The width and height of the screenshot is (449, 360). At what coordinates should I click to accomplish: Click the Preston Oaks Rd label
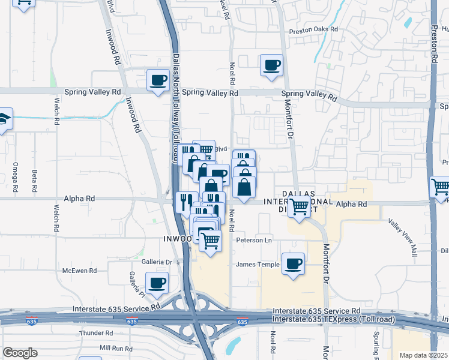point(313,29)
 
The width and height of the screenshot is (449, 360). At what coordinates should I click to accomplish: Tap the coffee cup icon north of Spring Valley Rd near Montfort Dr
point(271,64)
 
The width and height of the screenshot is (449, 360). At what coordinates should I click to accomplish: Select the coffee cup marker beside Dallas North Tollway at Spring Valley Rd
point(158,80)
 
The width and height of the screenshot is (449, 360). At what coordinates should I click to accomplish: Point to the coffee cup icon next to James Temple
point(293,264)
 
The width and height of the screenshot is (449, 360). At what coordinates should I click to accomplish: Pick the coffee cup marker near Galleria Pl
point(157,283)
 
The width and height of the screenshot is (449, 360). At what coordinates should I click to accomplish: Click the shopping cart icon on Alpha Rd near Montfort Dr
point(299,208)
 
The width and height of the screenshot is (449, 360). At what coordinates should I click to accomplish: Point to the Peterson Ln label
point(254,240)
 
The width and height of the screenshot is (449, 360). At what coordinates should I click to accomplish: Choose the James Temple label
point(258,264)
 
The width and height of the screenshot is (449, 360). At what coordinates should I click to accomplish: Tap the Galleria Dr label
point(157,262)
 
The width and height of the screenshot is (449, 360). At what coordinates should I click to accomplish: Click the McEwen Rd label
point(79,271)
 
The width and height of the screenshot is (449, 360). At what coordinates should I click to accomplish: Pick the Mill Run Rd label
point(116,347)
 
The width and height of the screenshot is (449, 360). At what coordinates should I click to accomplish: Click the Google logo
point(20,353)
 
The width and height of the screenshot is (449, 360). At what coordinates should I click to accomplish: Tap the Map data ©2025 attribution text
point(423,355)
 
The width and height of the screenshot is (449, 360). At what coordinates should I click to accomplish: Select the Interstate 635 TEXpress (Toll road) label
point(334,319)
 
